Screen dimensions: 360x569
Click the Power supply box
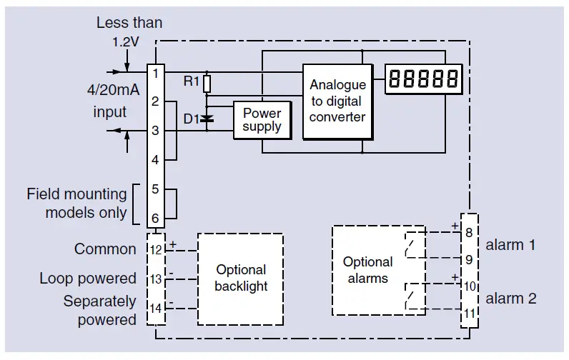[262, 120]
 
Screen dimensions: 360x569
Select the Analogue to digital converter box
[337, 101]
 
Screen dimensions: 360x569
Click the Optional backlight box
[241, 278]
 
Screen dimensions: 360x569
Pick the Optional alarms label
[367, 270]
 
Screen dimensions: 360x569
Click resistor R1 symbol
[207, 84]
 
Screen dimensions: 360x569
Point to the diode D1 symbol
[207, 119]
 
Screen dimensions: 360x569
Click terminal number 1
[155, 72]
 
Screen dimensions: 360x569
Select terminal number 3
[155, 131]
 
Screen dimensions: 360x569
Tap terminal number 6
[155, 218]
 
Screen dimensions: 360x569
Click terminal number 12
[156, 249]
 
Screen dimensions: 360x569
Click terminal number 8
[469, 232]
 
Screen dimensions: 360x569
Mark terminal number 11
[469, 312]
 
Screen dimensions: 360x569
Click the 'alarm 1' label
[510, 245]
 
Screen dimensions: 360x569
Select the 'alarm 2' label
[510, 299]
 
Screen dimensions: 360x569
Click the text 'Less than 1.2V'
[129, 31]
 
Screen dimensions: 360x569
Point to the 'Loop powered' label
[88, 279]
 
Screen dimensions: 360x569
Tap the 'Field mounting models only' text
[76, 203]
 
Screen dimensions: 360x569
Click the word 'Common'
[105, 249]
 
